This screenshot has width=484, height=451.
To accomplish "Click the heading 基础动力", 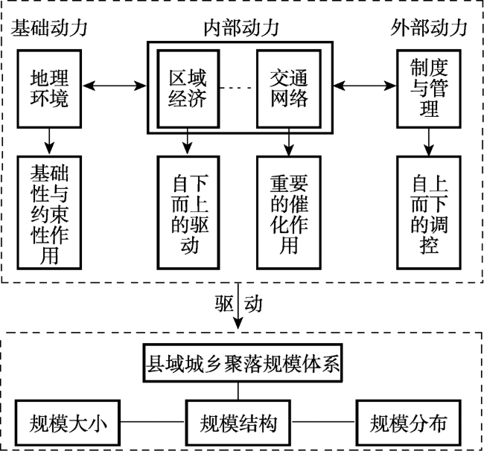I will (50, 28).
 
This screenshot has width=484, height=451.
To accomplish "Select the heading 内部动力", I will (240, 28).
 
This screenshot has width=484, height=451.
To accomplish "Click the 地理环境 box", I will (50, 88).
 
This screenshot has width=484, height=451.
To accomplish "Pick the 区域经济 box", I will (187, 88).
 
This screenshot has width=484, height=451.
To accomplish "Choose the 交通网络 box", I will (287, 88).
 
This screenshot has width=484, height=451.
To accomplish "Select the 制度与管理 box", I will (427, 88).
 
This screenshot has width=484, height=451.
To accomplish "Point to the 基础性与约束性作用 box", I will (50, 211).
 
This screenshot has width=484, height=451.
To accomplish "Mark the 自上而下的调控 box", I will (427, 211).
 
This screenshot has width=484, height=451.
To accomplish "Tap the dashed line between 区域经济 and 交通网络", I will (238, 88).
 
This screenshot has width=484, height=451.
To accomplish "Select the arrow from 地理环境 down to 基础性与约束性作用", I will (50, 138).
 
